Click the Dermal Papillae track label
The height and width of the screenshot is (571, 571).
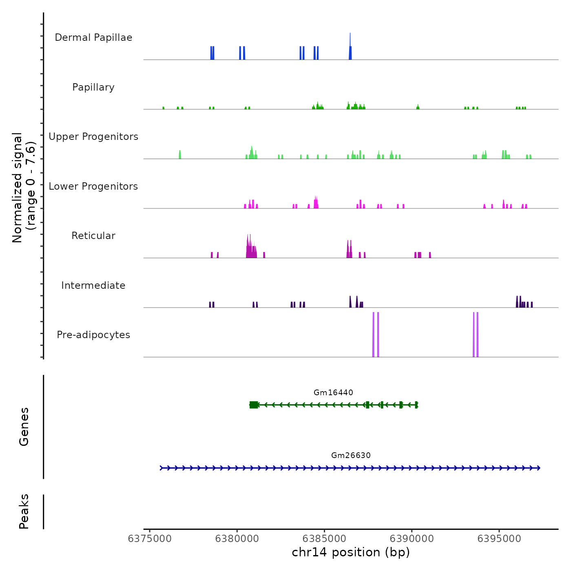click(93, 38)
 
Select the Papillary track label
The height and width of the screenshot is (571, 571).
click(93, 87)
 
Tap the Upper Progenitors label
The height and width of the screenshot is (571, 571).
click(93, 137)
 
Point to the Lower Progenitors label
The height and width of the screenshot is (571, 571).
click(93, 186)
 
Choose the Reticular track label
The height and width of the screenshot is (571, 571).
click(93, 236)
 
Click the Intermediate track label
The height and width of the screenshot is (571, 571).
click(93, 285)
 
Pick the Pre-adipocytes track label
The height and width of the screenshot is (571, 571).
click(93, 335)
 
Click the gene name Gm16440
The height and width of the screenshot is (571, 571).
click(333, 392)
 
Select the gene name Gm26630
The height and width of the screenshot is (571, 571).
click(351, 455)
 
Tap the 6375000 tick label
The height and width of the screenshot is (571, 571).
click(150, 539)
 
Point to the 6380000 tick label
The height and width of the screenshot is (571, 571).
click(237, 539)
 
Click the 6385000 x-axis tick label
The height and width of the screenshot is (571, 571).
click(324, 539)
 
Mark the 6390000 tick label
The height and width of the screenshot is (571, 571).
click(412, 539)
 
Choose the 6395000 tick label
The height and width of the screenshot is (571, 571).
click(499, 539)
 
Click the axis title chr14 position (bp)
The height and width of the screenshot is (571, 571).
click(351, 552)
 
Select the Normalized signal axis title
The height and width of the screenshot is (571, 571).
click(24, 188)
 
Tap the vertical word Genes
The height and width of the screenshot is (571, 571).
click(24, 427)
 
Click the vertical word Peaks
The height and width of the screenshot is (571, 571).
click(24, 511)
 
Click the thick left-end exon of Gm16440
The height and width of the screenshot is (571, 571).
click(254, 405)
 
